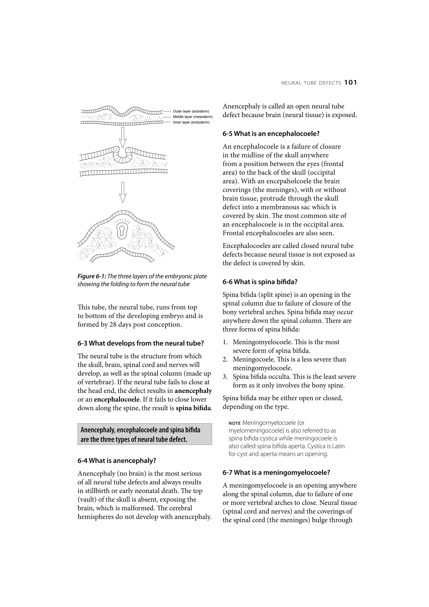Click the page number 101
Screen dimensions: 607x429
(350, 83)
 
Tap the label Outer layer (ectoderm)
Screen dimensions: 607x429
(191, 111)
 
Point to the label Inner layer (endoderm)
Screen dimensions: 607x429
(191, 122)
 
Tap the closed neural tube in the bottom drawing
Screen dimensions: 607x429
(122, 232)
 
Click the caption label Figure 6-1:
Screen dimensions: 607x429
(92, 277)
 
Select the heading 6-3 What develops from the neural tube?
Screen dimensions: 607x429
(141, 343)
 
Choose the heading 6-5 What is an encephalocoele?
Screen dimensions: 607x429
(271, 134)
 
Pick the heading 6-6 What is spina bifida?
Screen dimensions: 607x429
(260, 282)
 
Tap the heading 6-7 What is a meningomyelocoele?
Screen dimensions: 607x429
(276, 472)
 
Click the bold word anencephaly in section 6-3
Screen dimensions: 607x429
(193, 391)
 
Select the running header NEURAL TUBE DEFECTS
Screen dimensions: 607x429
(311, 83)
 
